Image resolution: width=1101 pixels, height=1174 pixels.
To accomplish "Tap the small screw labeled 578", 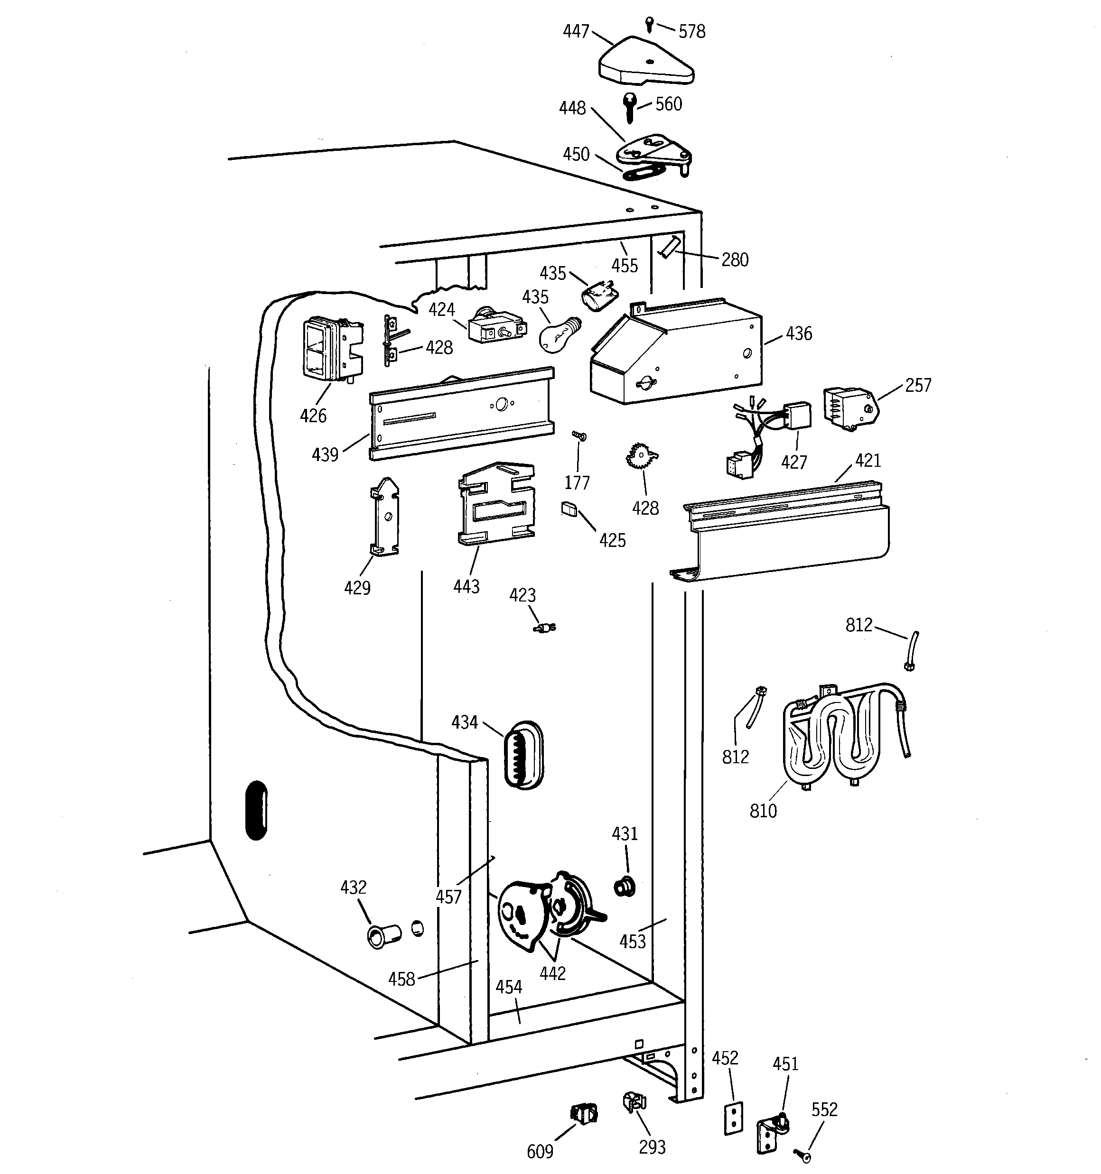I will click(x=650, y=24).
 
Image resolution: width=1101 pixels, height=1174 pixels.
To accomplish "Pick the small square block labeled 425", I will click(x=569, y=508).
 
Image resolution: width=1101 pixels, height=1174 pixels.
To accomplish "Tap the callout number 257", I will click(x=917, y=385).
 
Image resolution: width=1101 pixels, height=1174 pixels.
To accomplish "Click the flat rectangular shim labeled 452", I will click(x=733, y=1118).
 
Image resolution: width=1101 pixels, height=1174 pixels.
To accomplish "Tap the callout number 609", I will click(x=540, y=1151).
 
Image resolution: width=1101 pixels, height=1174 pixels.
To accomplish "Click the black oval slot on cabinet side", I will click(x=256, y=810).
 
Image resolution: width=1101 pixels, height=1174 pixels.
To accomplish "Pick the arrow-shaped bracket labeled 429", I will click(x=385, y=518).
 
